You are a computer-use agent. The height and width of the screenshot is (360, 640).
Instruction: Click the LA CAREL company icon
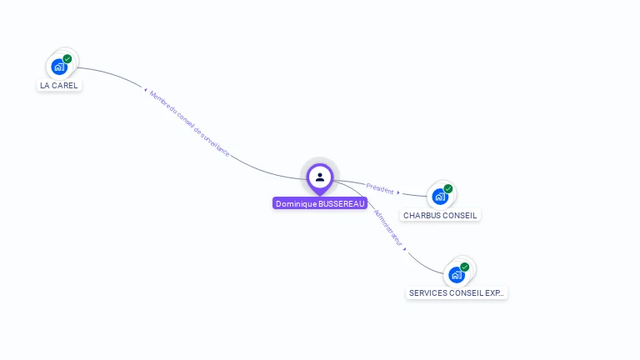(59, 67)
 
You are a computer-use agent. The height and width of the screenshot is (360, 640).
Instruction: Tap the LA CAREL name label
(58, 85)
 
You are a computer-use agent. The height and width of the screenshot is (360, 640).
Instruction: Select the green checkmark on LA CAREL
(67, 58)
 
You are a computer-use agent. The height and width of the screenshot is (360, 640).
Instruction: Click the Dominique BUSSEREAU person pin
(320, 177)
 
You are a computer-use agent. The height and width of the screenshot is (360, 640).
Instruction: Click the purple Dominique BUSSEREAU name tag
(320, 203)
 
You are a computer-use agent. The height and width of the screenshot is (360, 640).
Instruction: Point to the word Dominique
(296, 203)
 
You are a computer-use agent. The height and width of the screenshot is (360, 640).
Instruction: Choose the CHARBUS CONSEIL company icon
(440, 197)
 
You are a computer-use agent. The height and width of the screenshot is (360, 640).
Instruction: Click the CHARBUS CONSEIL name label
(440, 215)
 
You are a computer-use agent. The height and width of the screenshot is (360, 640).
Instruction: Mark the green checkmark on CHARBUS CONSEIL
(448, 188)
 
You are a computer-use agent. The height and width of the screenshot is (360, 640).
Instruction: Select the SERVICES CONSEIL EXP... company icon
(457, 274)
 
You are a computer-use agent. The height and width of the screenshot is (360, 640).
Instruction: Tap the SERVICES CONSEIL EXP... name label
(457, 293)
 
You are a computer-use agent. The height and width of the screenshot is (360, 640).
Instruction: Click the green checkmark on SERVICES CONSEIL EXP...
(465, 267)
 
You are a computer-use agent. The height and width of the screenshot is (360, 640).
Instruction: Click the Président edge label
(379, 187)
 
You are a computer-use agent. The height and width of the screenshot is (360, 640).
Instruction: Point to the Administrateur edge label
(388, 226)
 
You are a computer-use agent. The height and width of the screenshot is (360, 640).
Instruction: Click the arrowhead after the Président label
(398, 192)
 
